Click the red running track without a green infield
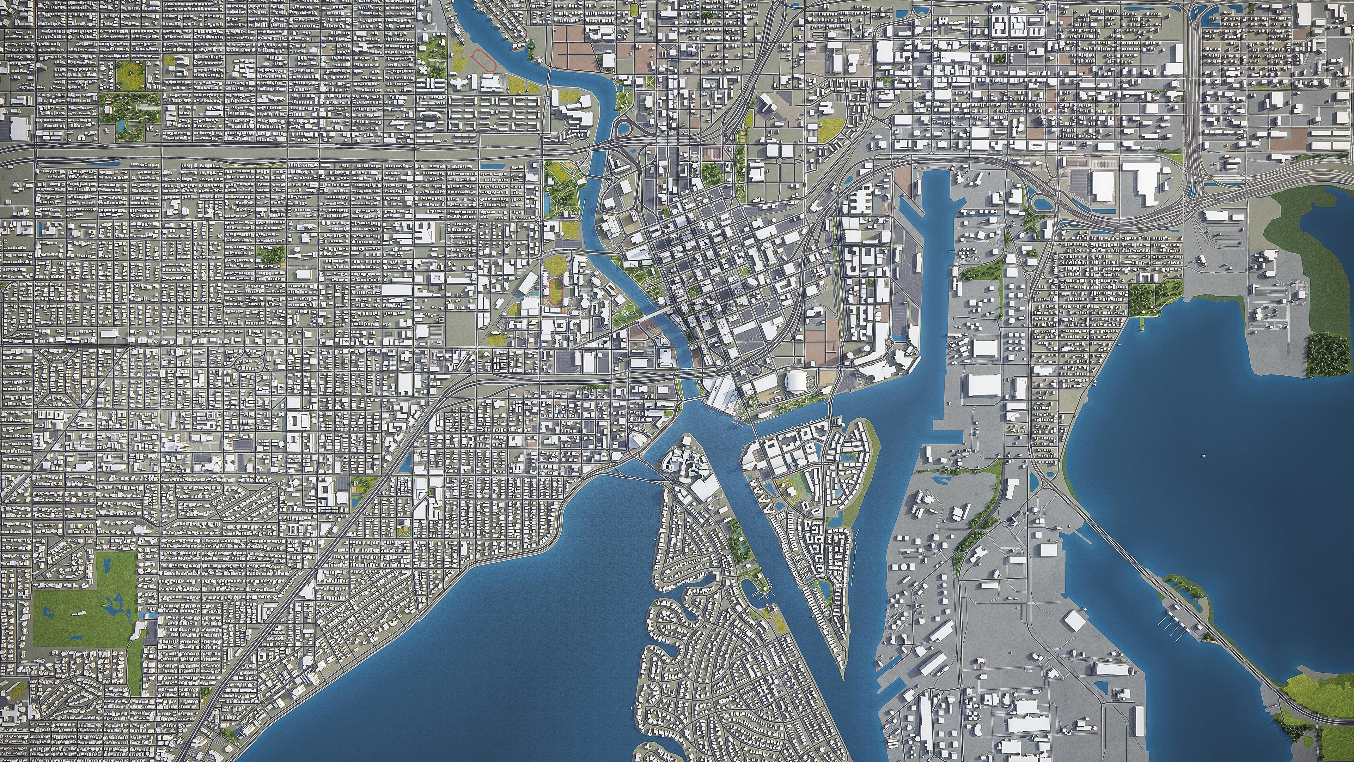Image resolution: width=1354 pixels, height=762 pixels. pyautogui.click(x=484, y=60)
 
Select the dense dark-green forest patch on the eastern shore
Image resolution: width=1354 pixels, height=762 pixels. pyautogui.click(x=1329, y=355)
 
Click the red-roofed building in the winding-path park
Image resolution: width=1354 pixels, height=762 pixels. pyautogui.click(x=108, y=98)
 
